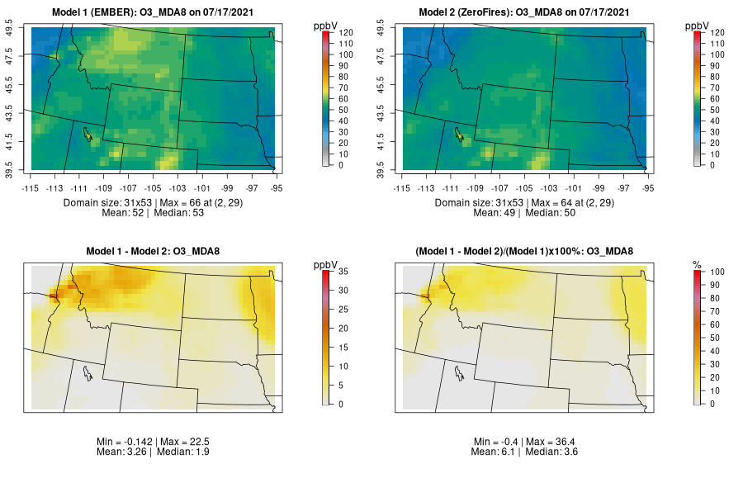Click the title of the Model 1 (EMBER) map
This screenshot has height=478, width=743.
(x=157, y=12)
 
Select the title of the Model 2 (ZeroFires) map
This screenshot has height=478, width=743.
(x=527, y=12)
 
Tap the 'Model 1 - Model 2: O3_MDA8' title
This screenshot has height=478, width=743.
(x=157, y=251)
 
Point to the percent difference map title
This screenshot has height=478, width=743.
(x=527, y=251)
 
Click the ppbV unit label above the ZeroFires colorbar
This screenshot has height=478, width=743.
(x=698, y=25)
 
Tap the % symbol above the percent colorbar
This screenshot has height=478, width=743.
(x=697, y=264)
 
